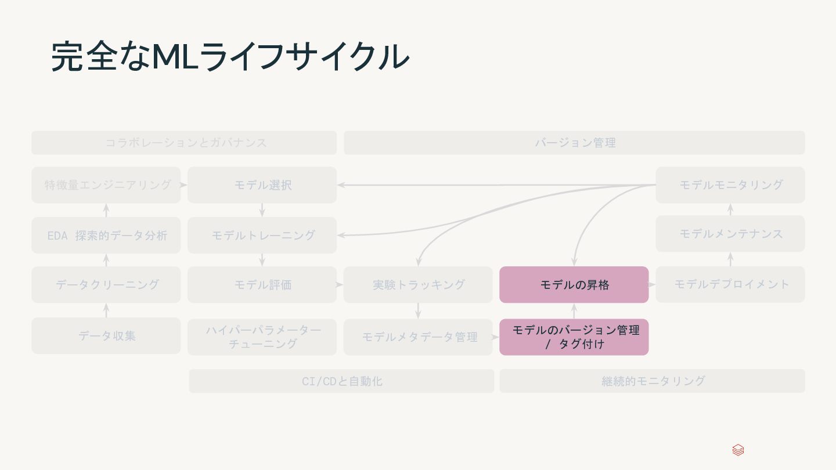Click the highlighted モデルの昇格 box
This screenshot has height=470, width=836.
574,284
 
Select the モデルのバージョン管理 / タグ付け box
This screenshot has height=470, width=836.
574,337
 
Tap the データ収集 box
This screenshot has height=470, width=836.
106,335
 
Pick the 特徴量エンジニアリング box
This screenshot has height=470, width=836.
106,185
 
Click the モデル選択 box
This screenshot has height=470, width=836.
262,185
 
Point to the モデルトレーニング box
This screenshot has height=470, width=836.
262,235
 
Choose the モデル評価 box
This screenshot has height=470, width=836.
262,284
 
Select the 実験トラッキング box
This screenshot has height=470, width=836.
418,284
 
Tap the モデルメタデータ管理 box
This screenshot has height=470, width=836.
418,337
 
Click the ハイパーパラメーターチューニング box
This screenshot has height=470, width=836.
262,337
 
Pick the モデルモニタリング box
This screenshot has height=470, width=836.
730,185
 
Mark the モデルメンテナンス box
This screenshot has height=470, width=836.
730,233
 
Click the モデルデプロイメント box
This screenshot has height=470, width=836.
730,284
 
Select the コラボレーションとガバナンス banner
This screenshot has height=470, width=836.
184,143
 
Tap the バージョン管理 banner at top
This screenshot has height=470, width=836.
574,143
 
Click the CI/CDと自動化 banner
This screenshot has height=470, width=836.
341,381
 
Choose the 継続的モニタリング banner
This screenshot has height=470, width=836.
652,381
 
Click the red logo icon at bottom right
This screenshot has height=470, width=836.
738,450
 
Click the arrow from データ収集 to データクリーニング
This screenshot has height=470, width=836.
106,310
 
